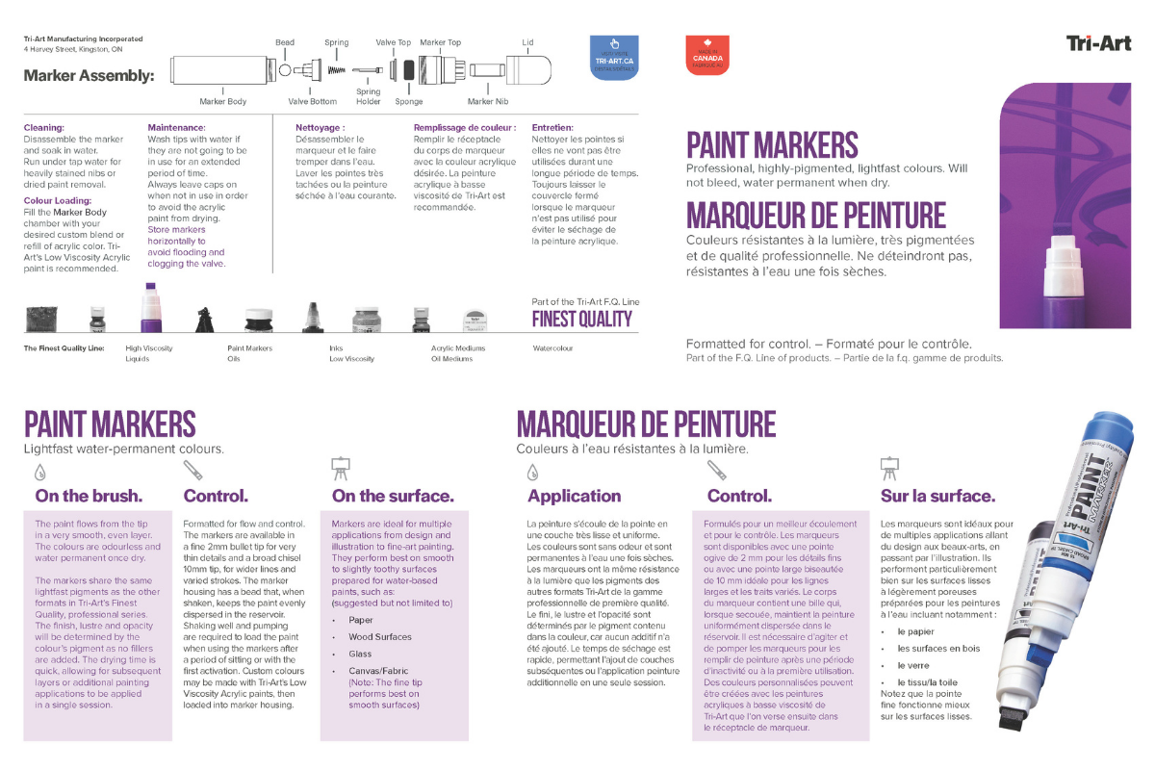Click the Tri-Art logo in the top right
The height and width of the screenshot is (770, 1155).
click(x=1097, y=43)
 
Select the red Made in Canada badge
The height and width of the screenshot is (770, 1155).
click(x=707, y=55)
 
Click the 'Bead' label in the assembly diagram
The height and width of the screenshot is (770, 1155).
click(x=285, y=43)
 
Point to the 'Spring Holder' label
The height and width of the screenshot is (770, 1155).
click(x=368, y=96)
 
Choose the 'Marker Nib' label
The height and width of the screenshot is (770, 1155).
click(x=488, y=101)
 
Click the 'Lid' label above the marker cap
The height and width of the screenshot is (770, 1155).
click(x=527, y=43)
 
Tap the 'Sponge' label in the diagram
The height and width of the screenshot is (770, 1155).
click(x=409, y=101)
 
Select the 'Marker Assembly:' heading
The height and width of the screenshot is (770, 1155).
click(x=89, y=75)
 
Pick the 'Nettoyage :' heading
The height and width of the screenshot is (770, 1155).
click(x=320, y=127)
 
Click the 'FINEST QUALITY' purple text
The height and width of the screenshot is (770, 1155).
click(x=581, y=320)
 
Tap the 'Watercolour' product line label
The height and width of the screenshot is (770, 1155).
click(x=552, y=348)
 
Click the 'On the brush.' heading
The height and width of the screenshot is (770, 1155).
click(x=89, y=497)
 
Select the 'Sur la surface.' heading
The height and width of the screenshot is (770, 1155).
click(x=937, y=497)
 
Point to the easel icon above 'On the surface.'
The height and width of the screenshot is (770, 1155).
click(x=340, y=469)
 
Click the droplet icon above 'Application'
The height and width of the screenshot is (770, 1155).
click(x=533, y=472)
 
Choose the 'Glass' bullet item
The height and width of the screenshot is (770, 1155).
click(x=360, y=654)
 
